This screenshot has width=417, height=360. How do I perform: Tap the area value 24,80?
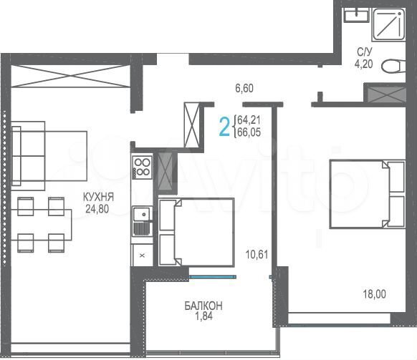pos(97,210)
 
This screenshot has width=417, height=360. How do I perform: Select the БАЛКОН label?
pos(203,306)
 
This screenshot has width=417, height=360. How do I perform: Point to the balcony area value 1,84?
pos(203,317)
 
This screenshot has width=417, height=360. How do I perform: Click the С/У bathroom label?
pos(365,51)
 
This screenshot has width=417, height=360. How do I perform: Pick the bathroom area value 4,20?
pos(365,62)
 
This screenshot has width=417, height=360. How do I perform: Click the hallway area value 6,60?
pos(245,89)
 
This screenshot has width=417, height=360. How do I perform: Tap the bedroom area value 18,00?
pos(373,292)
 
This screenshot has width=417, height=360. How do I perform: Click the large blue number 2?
pos(224,127)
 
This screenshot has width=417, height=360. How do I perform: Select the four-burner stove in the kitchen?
pos(142,167)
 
